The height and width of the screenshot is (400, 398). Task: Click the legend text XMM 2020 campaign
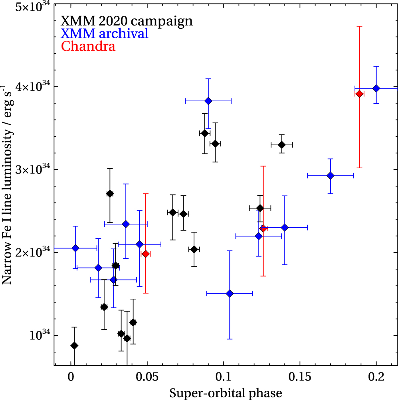[127, 21]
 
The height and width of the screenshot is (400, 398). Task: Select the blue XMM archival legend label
[105, 33]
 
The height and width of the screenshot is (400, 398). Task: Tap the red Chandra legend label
[88, 46]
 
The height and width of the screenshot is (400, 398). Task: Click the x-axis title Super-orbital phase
[226, 393]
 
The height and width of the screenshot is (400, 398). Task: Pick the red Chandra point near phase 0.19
[359, 94]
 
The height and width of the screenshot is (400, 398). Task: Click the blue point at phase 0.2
[376, 88]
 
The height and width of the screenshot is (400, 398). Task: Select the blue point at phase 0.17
[330, 175]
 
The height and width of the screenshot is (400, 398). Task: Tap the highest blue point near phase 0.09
[208, 101]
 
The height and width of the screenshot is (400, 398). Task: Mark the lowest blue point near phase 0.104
[230, 294]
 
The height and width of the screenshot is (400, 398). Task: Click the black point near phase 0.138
[282, 144]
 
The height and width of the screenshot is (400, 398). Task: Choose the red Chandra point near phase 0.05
[146, 254]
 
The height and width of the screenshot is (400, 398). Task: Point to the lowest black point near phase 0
[74, 345]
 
